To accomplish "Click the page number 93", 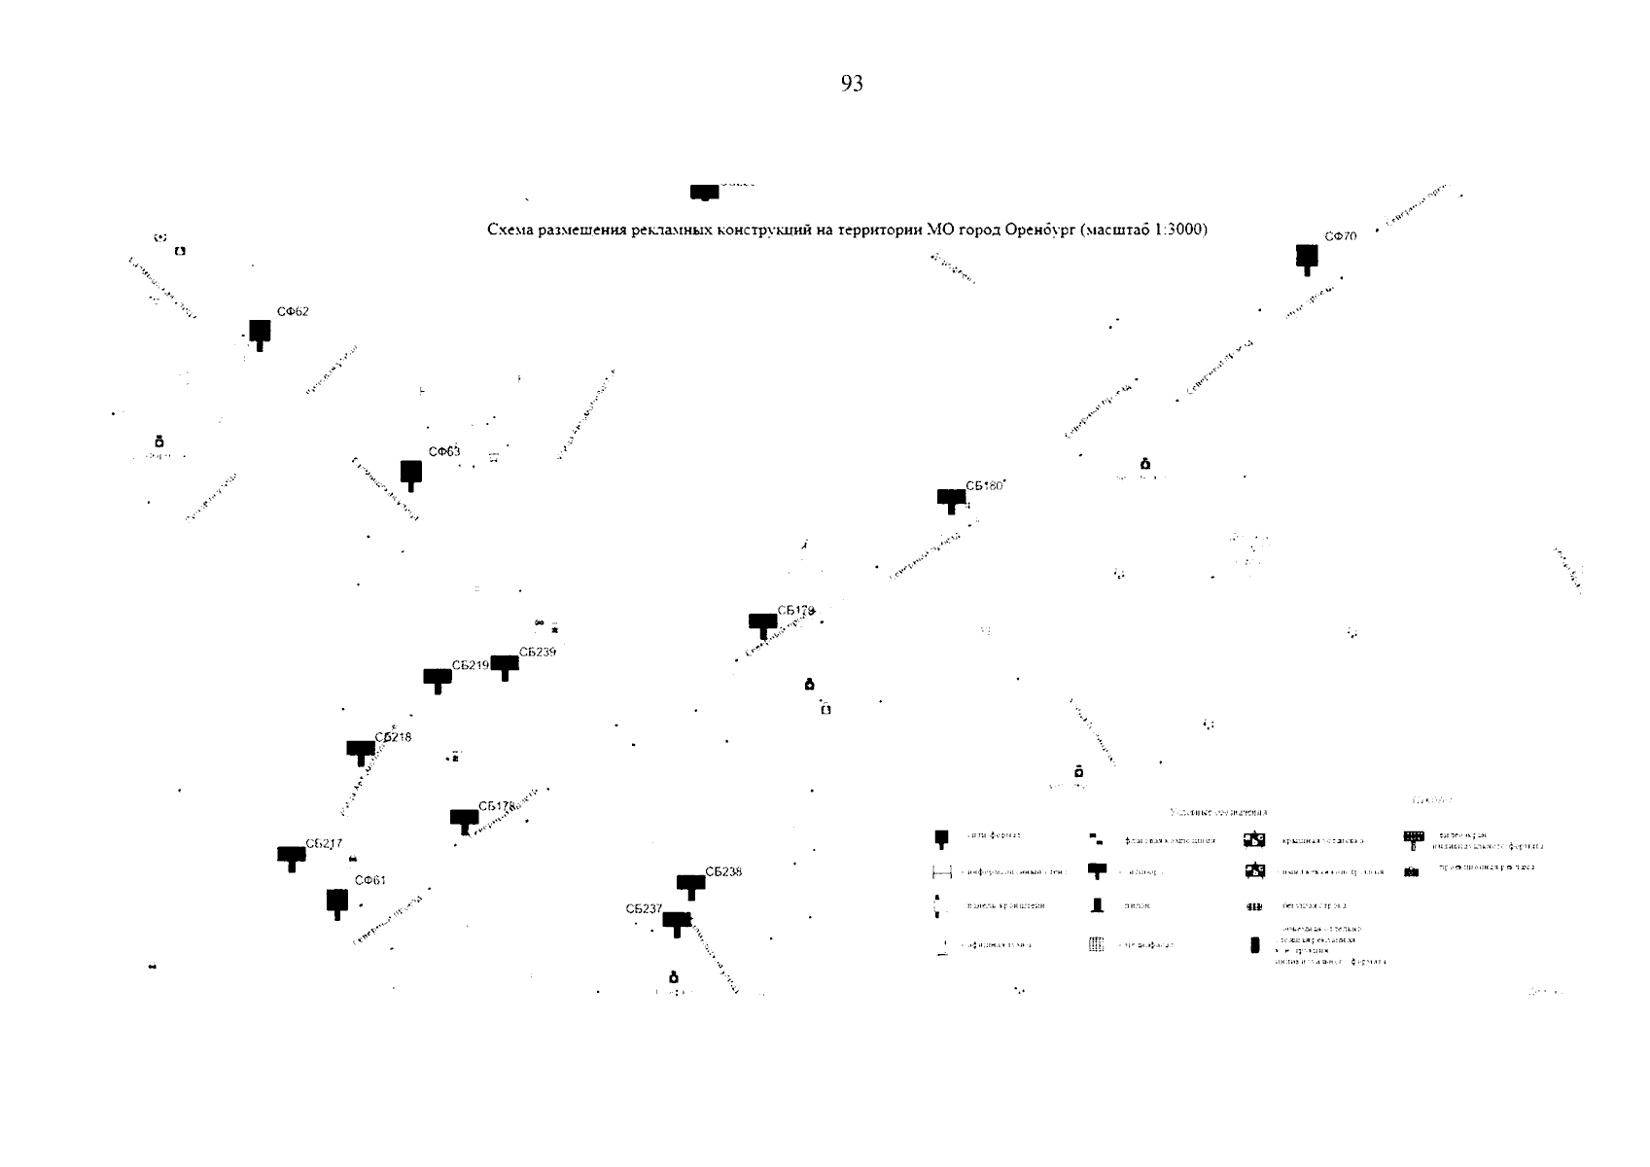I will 851,84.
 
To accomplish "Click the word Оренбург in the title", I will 1036,230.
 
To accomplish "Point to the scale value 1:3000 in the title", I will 1176,230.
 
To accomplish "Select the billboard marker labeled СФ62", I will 260,334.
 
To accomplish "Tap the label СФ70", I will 1340,236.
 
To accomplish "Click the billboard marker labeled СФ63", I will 411,474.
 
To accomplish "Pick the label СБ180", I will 983,485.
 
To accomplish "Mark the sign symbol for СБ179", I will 762,623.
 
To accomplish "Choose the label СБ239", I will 537,652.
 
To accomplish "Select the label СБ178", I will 496,806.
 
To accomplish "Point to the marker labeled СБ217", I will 292,857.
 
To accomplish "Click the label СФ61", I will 369,880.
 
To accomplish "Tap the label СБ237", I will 644,908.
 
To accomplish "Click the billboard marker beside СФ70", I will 1307,258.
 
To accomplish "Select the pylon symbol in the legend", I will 1098,905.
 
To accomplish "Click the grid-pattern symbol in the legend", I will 1096,944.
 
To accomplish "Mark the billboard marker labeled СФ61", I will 337,902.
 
